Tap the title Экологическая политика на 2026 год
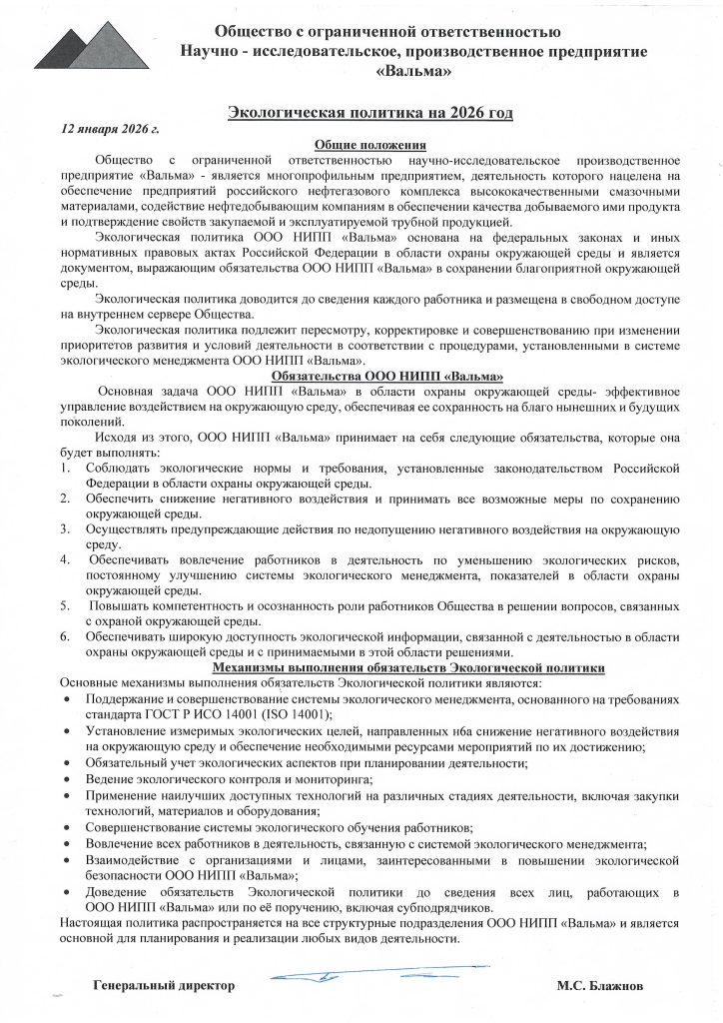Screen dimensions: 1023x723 click(x=369, y=114)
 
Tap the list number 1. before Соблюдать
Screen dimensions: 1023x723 click(x=65, y=468)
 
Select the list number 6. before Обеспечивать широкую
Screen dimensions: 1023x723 click(x=65, y=635)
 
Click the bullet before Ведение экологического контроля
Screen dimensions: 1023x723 click(x=66, y=778)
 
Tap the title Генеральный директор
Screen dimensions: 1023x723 click(x=164, y=985)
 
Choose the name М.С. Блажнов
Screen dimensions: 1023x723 click(x=600, y=985)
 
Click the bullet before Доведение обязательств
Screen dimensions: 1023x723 click(x=66, y=892)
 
